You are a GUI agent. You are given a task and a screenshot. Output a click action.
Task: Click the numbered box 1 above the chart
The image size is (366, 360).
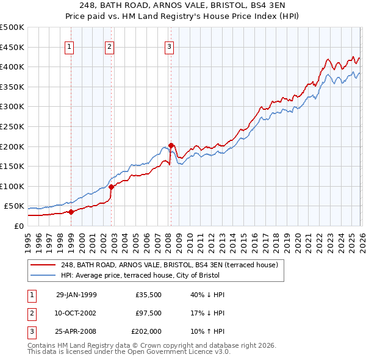[x=70, y=46]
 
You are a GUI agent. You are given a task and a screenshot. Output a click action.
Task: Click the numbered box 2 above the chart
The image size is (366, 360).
[x=109, y=46]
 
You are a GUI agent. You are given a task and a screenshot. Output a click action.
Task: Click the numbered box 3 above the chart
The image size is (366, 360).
[x=169, y=46]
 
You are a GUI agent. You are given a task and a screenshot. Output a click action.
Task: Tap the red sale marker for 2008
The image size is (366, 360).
[x=171, y=145]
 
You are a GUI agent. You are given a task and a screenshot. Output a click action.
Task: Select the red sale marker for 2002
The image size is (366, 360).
[x=111, y=187]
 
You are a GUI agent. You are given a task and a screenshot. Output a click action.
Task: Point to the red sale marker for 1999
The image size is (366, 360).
[x=71, y=212]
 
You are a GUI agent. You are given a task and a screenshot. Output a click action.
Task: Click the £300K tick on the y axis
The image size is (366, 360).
[x=12, y=107]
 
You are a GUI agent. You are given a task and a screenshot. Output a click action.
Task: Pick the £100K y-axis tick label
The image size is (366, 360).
[x=12, y=186]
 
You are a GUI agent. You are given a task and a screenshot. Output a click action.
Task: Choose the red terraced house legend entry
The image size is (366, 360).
[x=169, y=265]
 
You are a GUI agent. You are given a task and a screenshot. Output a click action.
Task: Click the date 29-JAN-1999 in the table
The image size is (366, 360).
[x=76, y=295]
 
